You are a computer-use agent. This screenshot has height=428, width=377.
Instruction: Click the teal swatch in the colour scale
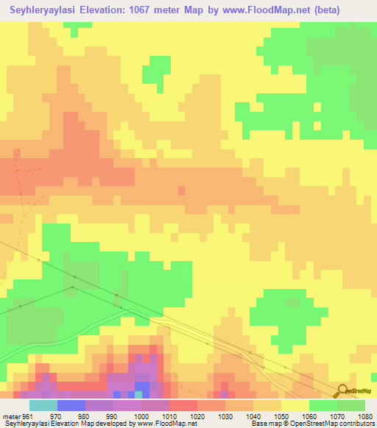(x=43, y=405)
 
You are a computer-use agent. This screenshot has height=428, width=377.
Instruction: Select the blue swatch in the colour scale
(x=71, y=405)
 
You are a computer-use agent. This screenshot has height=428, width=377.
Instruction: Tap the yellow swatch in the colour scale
(x=295, y=405)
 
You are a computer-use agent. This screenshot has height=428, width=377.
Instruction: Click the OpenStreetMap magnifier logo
(x=341, y=390)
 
